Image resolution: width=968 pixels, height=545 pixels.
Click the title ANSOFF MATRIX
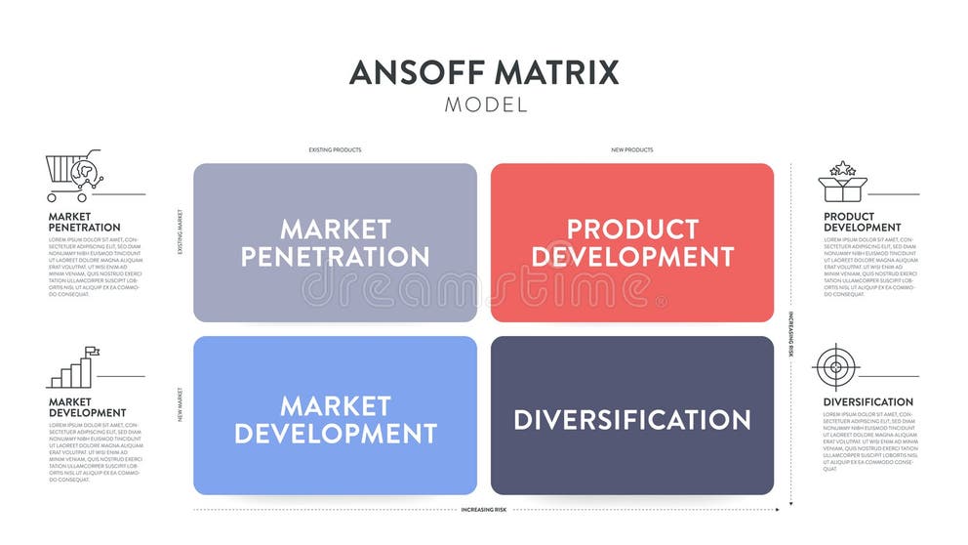484,72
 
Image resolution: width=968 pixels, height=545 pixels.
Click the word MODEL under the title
485,105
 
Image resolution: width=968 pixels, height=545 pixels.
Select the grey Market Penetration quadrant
335,242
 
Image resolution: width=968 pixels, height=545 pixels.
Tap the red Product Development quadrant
632,242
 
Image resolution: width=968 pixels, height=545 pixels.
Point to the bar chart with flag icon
73,368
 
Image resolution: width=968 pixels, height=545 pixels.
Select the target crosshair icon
835,368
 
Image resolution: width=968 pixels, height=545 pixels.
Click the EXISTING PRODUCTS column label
335,150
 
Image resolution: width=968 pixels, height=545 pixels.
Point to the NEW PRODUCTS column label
632,150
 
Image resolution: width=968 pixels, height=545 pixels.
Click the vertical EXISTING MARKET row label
180,231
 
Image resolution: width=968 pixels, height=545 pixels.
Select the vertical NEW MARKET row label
180,403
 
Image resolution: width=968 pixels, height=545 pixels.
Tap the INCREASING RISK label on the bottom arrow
485,510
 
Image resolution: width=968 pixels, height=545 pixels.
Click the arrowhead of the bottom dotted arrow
777,510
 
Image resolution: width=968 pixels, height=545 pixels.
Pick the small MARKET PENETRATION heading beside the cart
84,222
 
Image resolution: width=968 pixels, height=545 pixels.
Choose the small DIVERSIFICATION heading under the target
867,401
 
